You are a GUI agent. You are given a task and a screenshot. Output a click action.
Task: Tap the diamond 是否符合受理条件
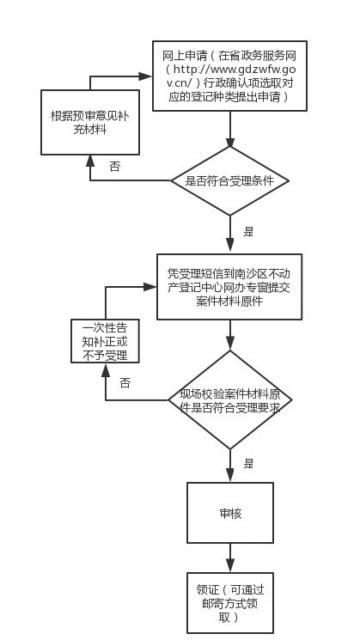point(230,181)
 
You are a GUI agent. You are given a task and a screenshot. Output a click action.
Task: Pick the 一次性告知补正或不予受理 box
point(104,341)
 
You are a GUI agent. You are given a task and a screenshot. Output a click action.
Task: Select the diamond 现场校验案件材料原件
point(230,399)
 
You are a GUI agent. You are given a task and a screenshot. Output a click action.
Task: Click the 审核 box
point(230,514)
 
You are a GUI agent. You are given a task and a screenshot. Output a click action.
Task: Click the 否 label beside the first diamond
point(115,167)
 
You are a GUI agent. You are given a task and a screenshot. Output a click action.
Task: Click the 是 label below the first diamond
point(248,231)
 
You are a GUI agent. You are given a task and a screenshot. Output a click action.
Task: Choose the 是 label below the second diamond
point(248,463)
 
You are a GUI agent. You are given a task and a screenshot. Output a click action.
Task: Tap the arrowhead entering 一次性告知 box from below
point(105,370)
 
